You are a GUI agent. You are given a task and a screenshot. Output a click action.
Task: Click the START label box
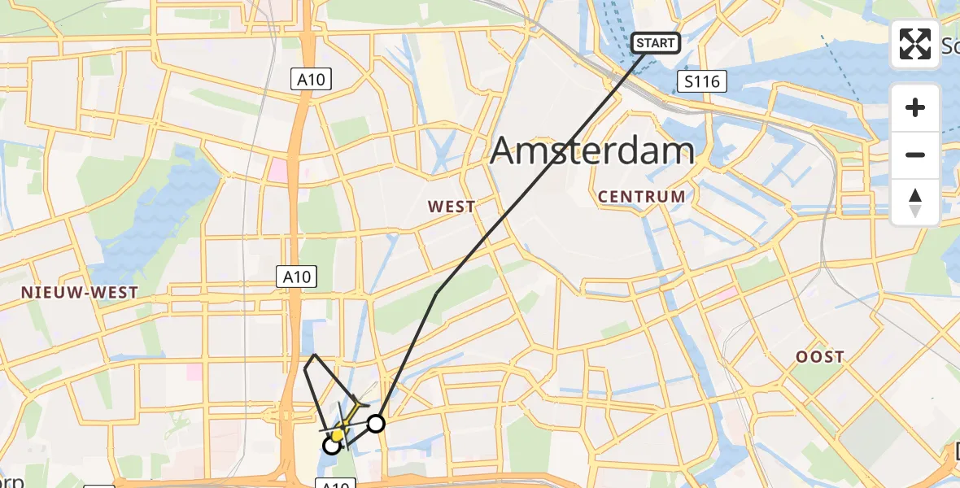tap(656, 42)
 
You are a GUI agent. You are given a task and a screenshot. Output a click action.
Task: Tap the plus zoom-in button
tap(915, 107)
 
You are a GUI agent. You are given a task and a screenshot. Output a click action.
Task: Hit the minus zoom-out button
tap(915, 155)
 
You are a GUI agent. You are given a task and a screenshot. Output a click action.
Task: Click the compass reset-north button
tap(915, 203)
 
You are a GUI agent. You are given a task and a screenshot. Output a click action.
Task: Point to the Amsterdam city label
tap(593, 150)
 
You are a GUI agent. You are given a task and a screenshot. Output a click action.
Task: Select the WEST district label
tap(452, 207)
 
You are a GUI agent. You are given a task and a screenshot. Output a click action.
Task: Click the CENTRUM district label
tap(642, 196)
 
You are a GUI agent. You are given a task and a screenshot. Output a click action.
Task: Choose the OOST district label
tap(820, 356)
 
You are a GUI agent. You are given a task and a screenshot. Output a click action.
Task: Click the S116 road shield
tap(701, 81)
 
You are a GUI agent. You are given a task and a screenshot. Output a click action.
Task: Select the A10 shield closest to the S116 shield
tap(312, 78)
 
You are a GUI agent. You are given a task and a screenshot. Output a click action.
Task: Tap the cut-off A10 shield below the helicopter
tap(335, 484)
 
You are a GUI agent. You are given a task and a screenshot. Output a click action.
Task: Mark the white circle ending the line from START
tap(376, 423)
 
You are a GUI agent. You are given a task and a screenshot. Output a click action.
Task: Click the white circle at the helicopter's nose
tap(332, 445)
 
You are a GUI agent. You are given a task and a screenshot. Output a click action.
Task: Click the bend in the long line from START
tap(438, 294)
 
